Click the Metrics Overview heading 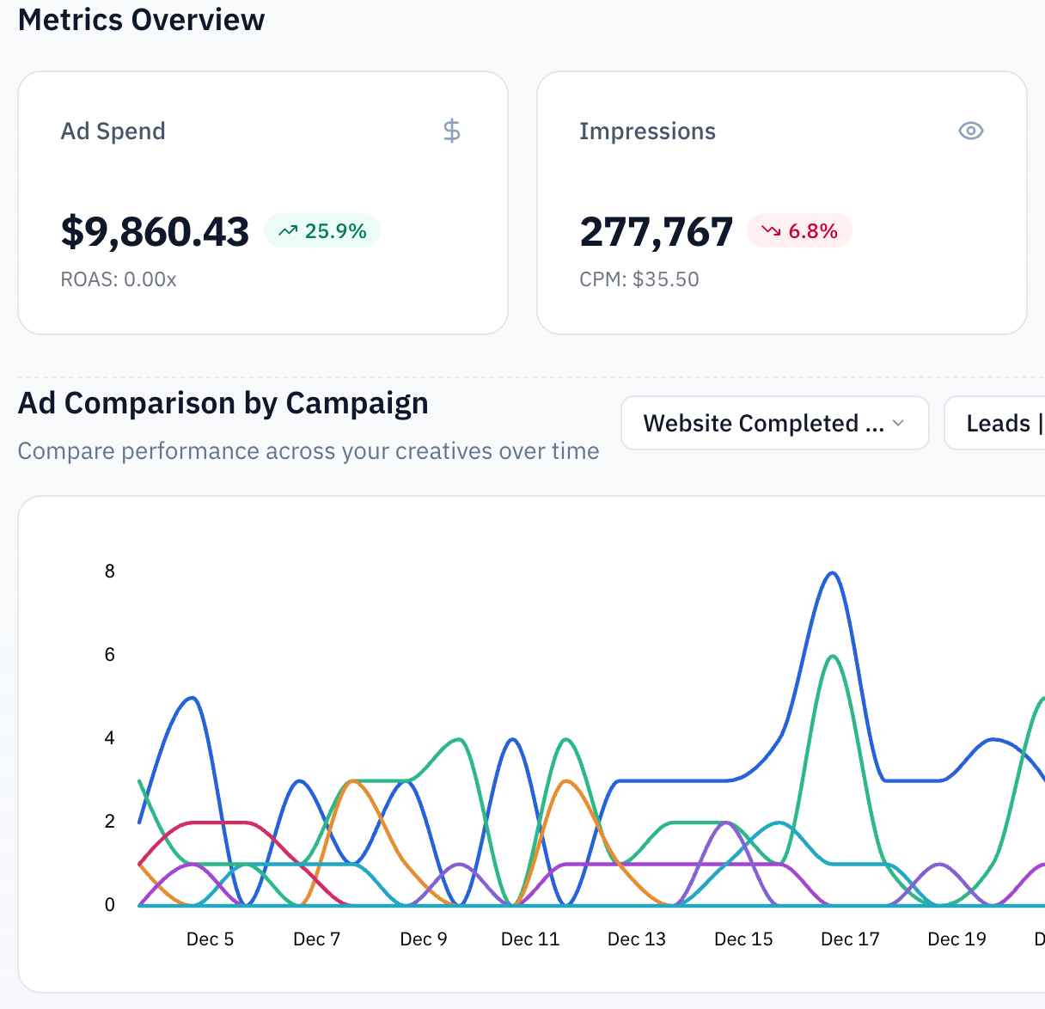(141, 20)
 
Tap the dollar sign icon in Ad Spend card (451, 131)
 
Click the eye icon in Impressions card (970, 131)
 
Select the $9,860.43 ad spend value (155, 232)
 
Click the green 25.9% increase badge (322, 231)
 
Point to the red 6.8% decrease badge (799, 231)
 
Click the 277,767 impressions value (656, 232)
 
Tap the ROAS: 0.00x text (119, 279)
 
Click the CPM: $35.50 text (639, 279)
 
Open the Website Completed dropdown (774, 423)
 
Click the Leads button (997, 423)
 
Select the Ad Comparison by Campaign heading (223, 403)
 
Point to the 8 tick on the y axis (110, 572)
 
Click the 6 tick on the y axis (110, 655)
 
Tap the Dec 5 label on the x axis (210, 939)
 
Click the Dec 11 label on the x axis (530, 939)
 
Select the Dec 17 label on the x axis (850, 939)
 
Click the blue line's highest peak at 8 (831, 573)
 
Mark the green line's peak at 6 (832, 657)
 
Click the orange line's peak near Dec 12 (565, 781)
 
